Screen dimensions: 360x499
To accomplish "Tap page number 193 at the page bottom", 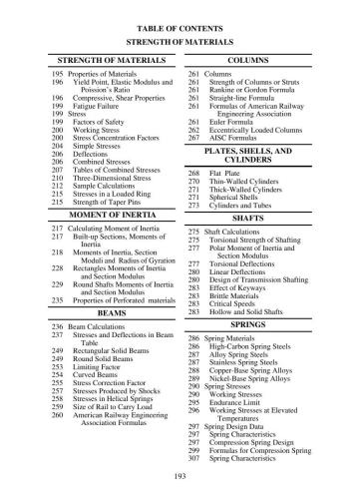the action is tap(180, 479).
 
